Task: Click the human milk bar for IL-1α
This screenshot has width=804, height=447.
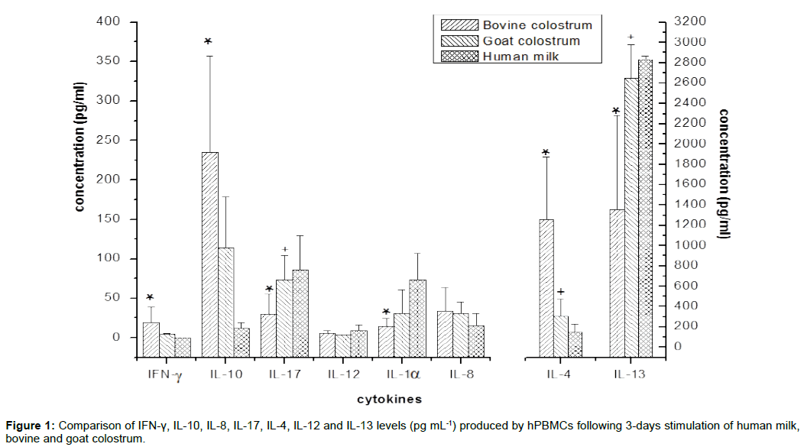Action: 417,318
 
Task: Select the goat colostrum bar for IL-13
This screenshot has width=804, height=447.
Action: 631,217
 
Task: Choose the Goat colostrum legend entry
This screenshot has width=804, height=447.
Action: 530,40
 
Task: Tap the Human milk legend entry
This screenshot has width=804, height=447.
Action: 522,56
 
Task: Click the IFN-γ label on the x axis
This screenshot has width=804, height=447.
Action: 164,375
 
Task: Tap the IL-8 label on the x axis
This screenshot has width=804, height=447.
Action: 461,374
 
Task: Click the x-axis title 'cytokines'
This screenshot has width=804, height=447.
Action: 390,399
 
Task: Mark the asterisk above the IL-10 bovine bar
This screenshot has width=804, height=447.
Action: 208,41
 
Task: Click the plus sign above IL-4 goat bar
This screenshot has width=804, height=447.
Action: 560,293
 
